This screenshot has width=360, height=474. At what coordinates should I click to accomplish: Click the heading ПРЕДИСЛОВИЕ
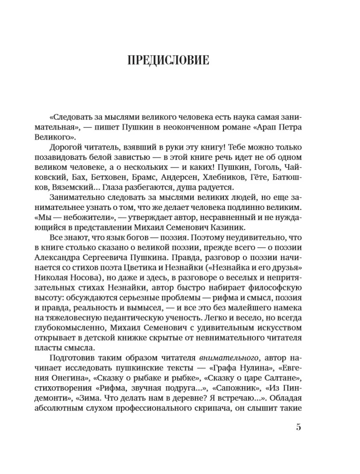[168, 61]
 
